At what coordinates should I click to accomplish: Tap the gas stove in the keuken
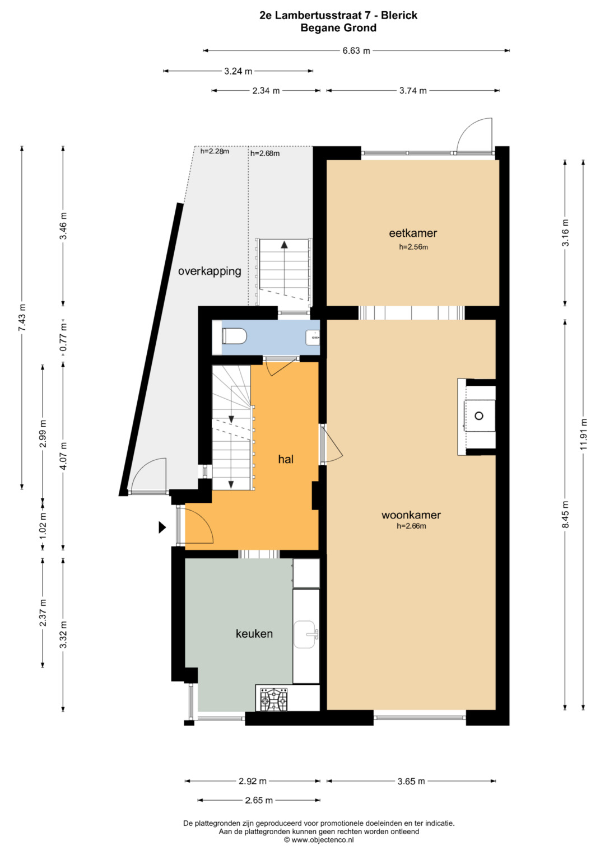coord(273,699)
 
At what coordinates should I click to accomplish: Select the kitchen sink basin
coord(305,634)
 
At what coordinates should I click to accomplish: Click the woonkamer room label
coord(411,515)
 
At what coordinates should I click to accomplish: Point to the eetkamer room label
coord(413,233)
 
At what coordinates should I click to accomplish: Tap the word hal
coord(286,459)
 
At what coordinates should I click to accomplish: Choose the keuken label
coord(254,634)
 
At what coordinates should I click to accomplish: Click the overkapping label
coord(210,272)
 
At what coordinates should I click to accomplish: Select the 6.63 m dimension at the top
coord(356,50)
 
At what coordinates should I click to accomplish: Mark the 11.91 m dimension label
coord(583,434)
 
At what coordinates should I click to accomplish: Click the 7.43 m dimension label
coord(22,317)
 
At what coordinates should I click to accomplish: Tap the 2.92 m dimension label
coord(253,781)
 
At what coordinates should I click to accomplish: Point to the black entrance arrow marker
coord(162,527)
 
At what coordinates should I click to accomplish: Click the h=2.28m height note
coord(215,151)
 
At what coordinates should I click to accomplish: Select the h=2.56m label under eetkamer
coord(413,247)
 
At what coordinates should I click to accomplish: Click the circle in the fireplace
coord(479,415)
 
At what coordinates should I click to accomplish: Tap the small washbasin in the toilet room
coord(313,338)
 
